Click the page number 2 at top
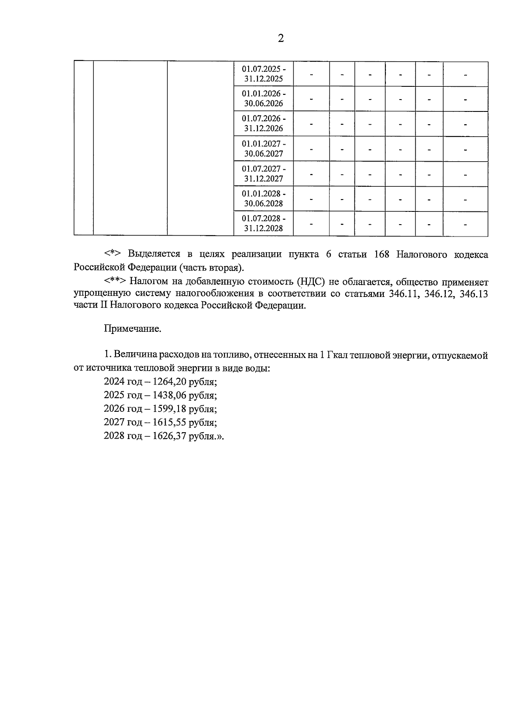280,39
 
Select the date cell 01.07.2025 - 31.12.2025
263,74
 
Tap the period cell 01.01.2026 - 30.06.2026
263,98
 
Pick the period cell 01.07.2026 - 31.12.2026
263,123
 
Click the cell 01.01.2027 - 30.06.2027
263,148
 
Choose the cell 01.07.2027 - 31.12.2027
263,174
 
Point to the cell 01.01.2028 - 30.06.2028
263,198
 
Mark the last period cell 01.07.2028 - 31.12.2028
263,223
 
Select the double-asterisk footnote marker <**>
115,281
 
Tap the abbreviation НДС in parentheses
314,282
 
